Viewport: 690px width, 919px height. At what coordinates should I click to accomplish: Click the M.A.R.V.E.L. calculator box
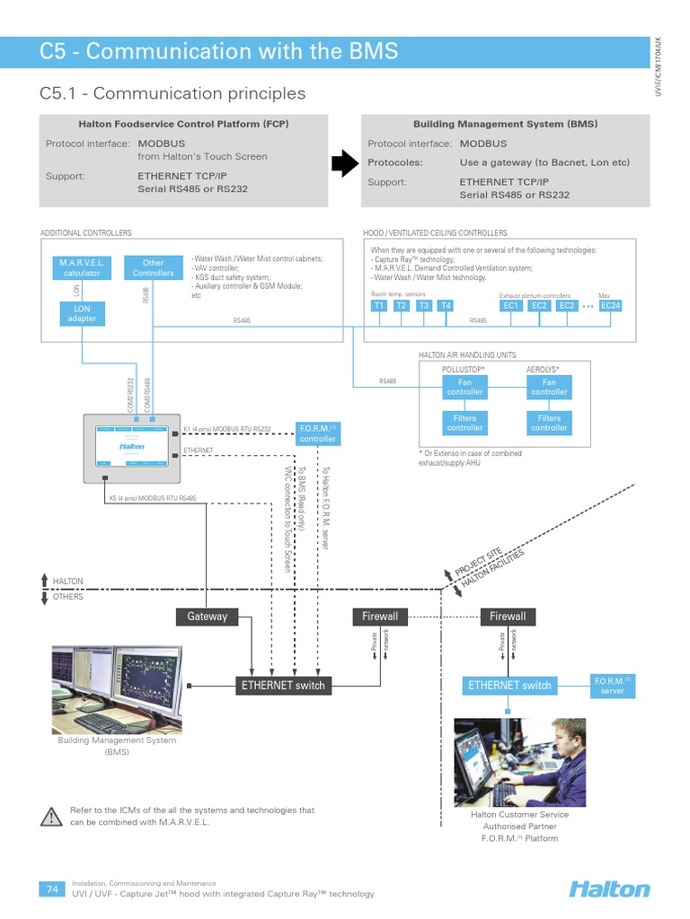pos(82,267)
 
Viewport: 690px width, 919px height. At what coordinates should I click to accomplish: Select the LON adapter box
pos(82,312)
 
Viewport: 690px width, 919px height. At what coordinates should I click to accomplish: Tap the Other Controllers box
pos(154,267)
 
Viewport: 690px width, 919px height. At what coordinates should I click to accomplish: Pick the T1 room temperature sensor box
pos(379,306)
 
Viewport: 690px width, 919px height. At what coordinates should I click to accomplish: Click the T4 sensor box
pos(446,306)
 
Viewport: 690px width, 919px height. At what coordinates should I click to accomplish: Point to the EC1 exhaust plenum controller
pos(511,306)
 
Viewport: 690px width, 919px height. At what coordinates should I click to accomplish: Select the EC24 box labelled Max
pos(610,306)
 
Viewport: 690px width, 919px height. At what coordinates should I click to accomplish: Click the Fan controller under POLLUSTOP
pos(464,387)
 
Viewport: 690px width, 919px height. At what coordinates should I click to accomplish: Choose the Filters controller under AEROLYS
pos(549,423)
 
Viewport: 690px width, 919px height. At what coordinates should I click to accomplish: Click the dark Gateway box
pos(208,617)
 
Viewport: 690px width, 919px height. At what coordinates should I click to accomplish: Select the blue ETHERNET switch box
pos(509,686)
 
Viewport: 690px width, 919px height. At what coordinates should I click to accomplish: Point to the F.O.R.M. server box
pos(612,686)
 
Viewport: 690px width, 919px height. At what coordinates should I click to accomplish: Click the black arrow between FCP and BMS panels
pos(344,163)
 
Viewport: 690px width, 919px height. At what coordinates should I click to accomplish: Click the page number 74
pos(51,888)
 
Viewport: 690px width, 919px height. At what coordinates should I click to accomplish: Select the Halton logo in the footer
pos(608,889)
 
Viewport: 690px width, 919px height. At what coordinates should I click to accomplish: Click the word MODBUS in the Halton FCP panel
pos(161,144)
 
